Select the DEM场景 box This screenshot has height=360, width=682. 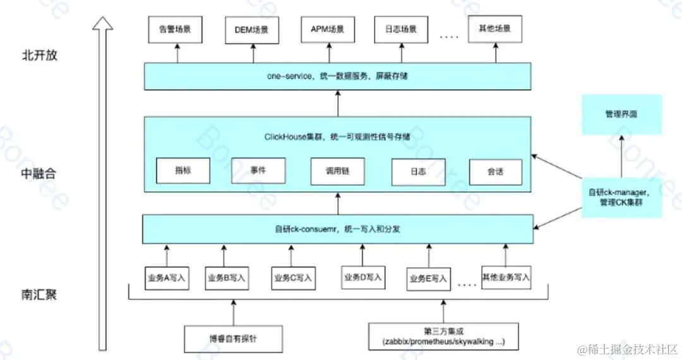(251, 30)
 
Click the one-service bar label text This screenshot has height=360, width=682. (337, 76)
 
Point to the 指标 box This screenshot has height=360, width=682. (182, 171)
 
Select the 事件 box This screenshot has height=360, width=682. (258, 170)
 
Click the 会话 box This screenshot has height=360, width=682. (496, 171)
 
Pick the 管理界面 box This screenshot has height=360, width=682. (621, 115)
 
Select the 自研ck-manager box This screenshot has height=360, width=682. (621, 197)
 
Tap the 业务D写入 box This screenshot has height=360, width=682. (363, 277)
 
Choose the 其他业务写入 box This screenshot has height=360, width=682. (506, 277)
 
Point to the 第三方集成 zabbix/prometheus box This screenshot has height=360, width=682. (443, 336)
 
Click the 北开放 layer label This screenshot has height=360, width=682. (40, 55)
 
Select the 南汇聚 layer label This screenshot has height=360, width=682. (40, 294)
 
